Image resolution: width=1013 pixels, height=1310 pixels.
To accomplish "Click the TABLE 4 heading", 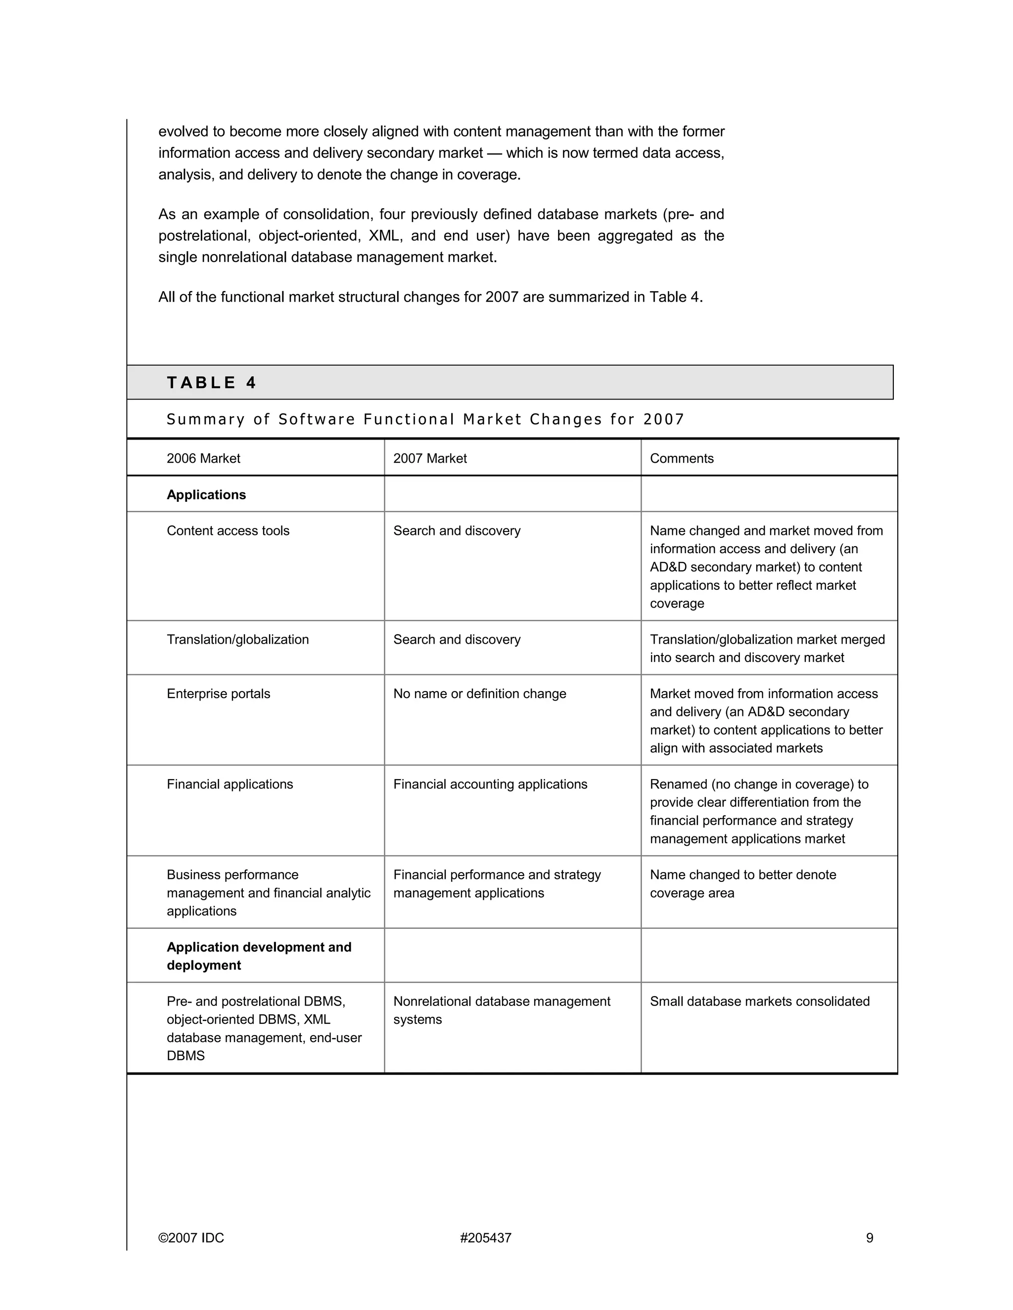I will click(211, 383).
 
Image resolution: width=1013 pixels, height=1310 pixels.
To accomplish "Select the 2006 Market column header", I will click(203, 458).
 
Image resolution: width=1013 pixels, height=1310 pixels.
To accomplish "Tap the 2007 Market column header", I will click(430, 458).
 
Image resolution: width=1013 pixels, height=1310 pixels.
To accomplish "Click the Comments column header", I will click(682, 458).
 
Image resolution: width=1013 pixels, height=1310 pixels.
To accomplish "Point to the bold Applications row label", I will click(206, 495).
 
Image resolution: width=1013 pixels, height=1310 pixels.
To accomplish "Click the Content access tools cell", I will click(228, 531).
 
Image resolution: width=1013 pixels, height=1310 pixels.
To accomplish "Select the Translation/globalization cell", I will click(237, 639).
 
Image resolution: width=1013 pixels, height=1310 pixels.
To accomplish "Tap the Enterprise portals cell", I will click(219, 694).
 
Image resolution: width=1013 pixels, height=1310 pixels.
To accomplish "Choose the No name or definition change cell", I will click(479, 694).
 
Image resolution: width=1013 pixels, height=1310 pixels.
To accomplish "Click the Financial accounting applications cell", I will click(490, 785).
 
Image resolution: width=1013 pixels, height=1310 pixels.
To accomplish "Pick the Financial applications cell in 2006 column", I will click(230, 785).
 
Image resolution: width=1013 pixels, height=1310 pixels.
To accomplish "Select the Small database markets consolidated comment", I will click(759, 1001).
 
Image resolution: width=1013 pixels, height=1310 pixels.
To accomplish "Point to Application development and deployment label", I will click(259, 956).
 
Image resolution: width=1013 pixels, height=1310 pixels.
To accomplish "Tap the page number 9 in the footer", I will click(870, 1238).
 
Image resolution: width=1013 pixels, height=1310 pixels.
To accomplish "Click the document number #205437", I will click(486, 1238).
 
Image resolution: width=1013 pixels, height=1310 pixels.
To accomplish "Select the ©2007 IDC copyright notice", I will click(191, 1238).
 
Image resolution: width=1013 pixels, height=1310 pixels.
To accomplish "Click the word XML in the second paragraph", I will click(384, 236).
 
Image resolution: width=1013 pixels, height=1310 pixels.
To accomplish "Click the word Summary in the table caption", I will click(205, 419).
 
